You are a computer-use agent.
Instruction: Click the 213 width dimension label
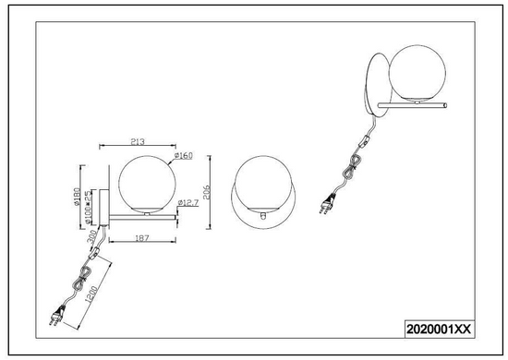(x=138, y=142)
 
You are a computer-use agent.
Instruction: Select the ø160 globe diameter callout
(x=184, y=156)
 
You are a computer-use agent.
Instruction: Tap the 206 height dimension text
(x=206, y=192)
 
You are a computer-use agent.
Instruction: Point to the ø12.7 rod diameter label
(x=187, y=203)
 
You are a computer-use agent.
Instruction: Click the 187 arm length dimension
(x=142, y=238)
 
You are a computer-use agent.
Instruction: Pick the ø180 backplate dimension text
(x=77, y=197)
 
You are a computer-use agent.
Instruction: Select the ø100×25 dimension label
(x=88, y=207)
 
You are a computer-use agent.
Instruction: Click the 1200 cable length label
(x=91, y=294)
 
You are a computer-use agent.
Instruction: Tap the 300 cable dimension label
(x=91, y=237)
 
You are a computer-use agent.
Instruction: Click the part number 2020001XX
(x=439, y=330)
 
